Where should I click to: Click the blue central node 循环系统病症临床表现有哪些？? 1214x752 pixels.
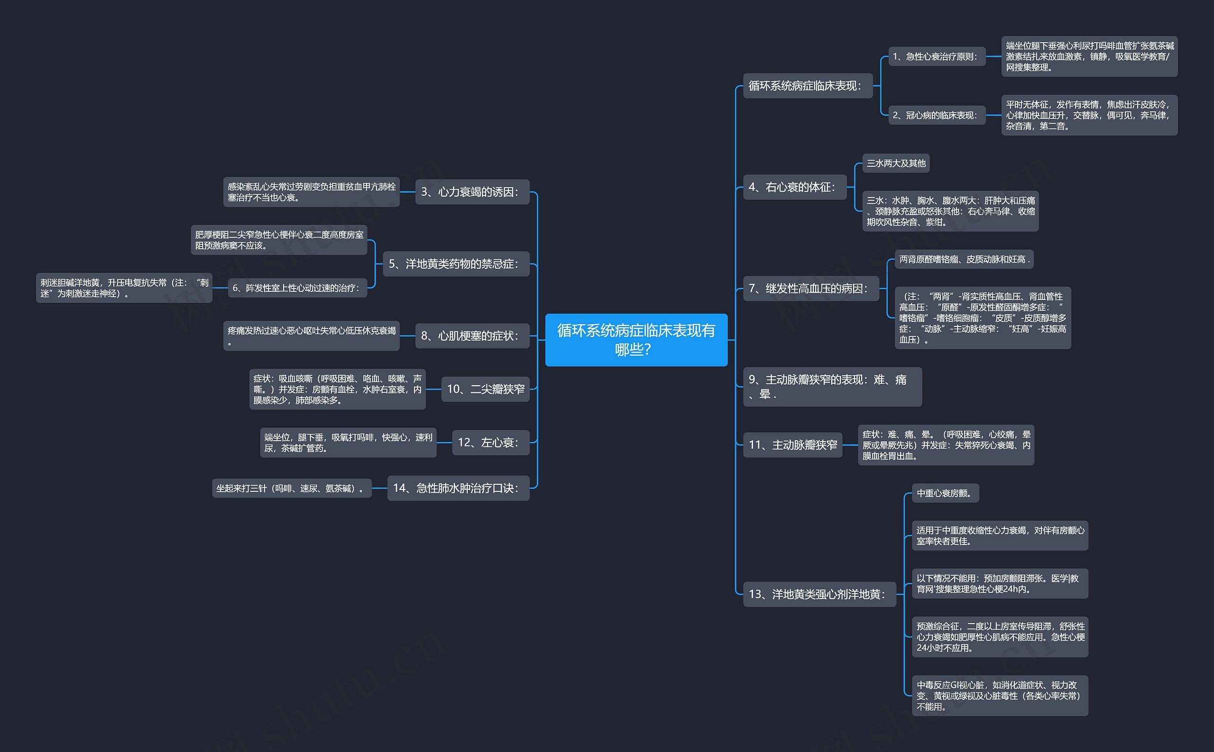point(635,340)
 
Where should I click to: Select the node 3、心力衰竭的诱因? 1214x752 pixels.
point(472,192)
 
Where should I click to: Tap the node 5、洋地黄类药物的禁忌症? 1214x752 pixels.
point(455,263)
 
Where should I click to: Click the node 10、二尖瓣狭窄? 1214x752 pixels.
point(485,389)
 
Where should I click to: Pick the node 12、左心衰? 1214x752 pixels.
point(490,442)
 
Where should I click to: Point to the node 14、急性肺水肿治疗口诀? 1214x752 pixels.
point(458,488)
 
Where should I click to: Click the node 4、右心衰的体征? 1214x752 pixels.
point(794,187)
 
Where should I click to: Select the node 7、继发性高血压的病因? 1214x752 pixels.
point(810,289)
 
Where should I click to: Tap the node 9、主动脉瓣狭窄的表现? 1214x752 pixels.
point(831,387)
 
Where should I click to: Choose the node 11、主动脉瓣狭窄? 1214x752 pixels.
point(792,444)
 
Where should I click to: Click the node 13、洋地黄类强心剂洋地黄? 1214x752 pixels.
point(819,594)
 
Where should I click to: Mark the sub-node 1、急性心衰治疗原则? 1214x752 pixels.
point(936,57)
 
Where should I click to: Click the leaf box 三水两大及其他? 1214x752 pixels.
point(895,163)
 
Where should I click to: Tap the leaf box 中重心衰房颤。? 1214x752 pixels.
point(945,493)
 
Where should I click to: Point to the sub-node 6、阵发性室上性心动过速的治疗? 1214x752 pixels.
point(297,288)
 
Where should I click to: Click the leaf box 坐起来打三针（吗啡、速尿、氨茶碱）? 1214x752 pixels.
point(292,489)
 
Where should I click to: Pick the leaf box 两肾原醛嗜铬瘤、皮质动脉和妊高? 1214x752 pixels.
point(964,259)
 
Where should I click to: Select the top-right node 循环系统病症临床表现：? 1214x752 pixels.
point(807,86)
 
